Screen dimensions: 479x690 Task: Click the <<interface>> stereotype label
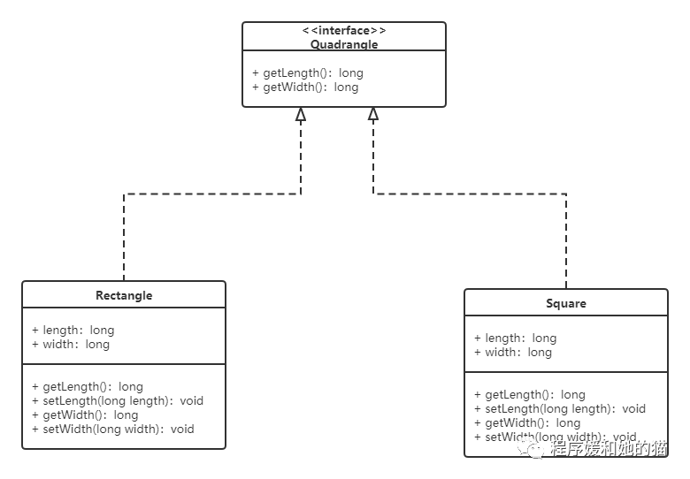pos(344,31)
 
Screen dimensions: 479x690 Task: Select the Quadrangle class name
pos(344,44)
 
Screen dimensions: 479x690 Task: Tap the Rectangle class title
pos(124,295)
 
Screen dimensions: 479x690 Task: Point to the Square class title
pos(566,303)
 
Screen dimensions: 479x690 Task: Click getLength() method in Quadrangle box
pos(308,72)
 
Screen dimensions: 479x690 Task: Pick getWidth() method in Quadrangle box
pos(305,87)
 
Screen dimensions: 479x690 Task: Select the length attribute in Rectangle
pos(73,330)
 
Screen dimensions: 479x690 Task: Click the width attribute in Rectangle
pos(71,344)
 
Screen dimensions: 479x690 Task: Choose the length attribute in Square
pos(516,338)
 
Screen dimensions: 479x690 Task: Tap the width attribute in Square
pos(513,352)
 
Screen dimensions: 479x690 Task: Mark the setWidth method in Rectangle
pos(113,429)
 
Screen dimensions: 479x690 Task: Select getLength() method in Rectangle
pos(88,386)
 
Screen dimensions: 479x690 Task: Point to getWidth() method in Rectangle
pos(85,414)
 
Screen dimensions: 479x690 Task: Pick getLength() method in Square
pos(530,394)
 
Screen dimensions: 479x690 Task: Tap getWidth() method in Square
pos(527,422)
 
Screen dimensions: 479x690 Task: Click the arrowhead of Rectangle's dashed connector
pos(301,114)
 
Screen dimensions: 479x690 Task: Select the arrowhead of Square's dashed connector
pos(373,114)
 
